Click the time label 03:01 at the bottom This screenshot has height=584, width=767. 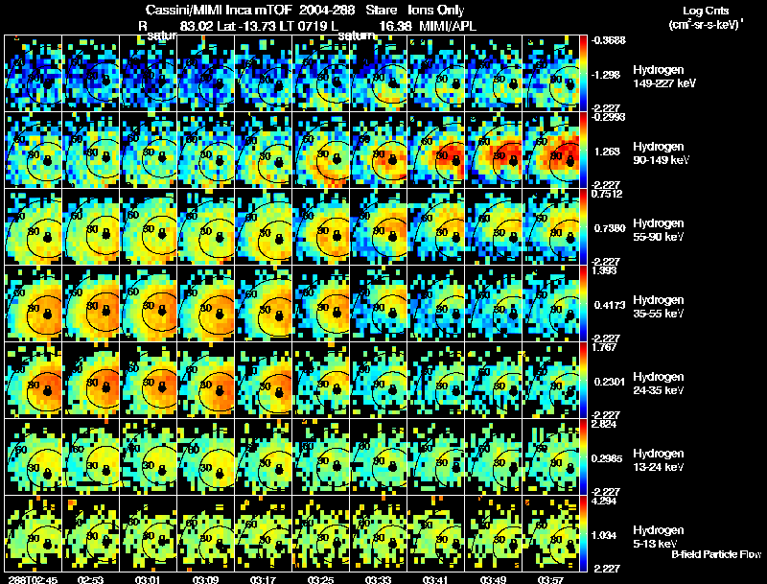tap(149, 578)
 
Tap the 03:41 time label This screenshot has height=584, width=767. tap(436, 578)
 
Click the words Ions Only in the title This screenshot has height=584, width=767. tap(436, 10)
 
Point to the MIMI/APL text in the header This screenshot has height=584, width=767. tap(449, 26)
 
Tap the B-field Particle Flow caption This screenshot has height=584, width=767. tap(715, 555)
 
